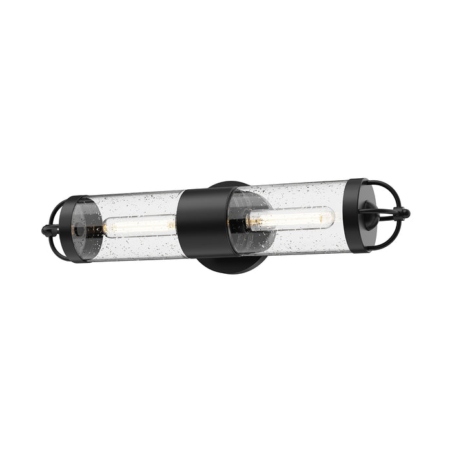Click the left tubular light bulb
point(139,225)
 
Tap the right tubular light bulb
point(294,218)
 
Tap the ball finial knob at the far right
point(405,213)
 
